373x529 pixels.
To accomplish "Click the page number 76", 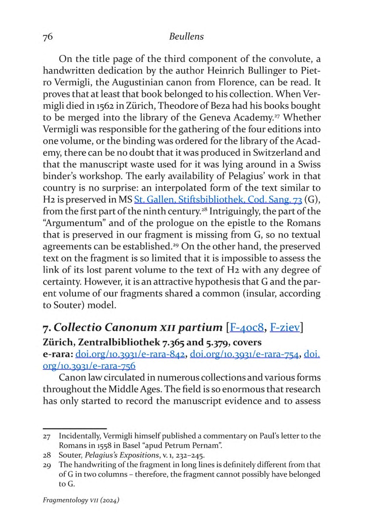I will coord(47,37).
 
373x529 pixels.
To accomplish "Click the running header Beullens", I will coord(186,37).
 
